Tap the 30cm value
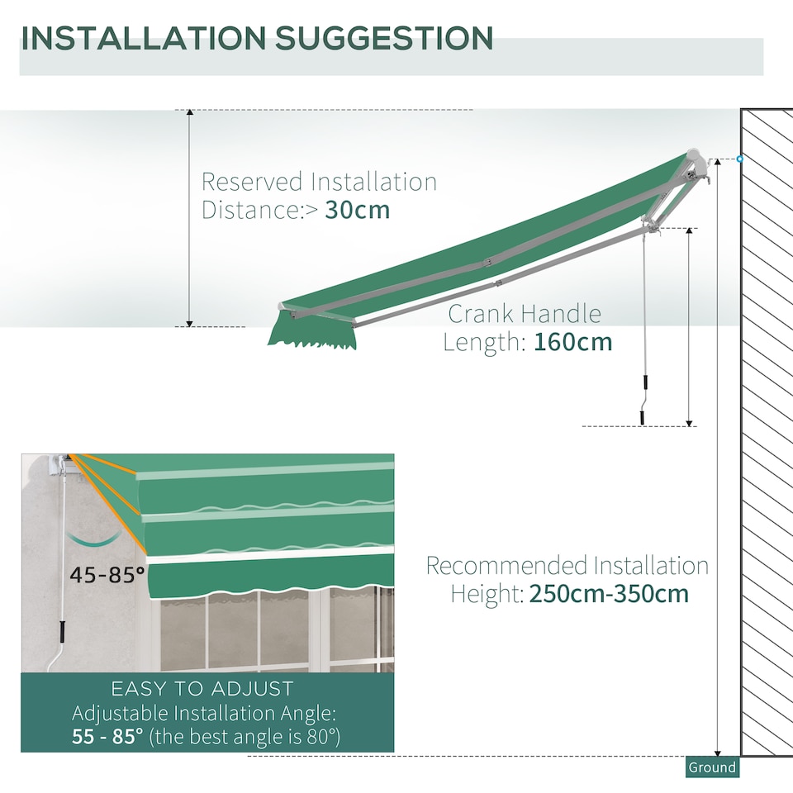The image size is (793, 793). coord(357,210)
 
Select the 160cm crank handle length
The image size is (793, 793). coord(573,341)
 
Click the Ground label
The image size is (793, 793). coord(711,767)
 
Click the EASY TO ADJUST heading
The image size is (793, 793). coord(202,688)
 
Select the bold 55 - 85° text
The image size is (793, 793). coord(107,736)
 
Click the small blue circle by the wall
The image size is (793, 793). coord(739,159)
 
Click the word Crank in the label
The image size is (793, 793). coord(480,314)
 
